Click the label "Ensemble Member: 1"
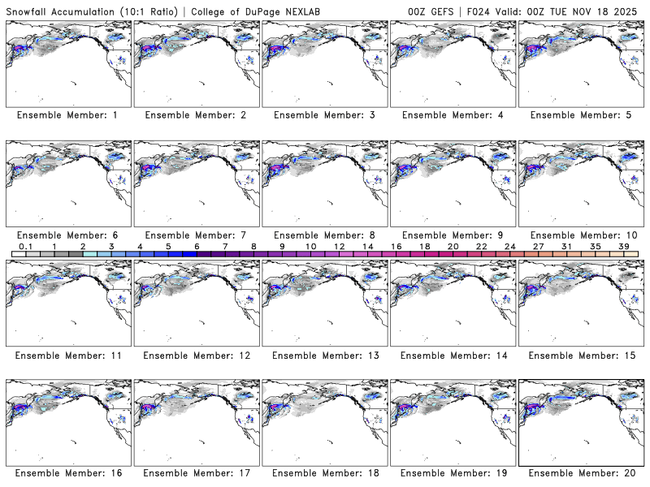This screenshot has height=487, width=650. [x=67, y=115]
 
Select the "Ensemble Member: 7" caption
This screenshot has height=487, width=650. [x=195, y=235]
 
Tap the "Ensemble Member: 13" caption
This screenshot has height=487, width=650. [x=323, y=355]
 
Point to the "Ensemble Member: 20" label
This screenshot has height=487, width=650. [x=579, y=474]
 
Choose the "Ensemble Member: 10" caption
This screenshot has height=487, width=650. [x=579, y=235]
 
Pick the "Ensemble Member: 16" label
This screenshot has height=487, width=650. [x=67, y=474]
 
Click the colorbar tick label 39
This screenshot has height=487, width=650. [x=623, y=246]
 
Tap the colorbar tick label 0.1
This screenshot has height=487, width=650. [x=25, y=246]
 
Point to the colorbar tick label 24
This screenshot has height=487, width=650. [x=509, y=246]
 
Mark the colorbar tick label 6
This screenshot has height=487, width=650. [x=197, y=246]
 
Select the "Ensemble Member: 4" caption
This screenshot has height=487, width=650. [x=451, y=115]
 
